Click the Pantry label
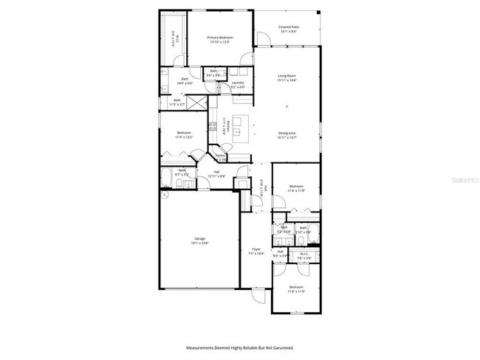click(220, 156)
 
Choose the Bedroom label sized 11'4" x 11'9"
click(296, 288)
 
